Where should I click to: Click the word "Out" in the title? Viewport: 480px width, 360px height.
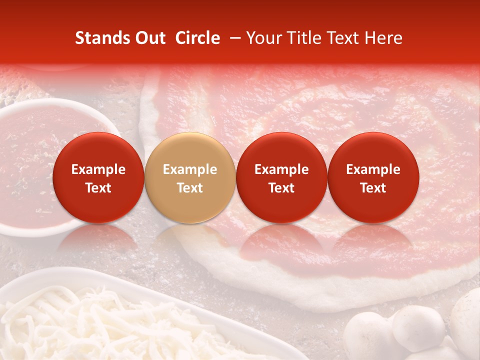click(x=150, y=38)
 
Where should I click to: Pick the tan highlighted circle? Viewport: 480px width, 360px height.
click(x=189, y=177)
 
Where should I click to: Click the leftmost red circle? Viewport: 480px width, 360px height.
click(x=98, y=177)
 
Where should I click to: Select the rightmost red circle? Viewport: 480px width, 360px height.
click(x=373, y=177)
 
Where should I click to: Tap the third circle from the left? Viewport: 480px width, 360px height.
click(x=281, y=177)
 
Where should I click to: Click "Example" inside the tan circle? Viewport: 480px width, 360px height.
click(x=190, y=169)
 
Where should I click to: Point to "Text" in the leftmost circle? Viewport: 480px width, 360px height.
click(x=98, y=188)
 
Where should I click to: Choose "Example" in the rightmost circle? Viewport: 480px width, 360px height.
click(x=373, y=169)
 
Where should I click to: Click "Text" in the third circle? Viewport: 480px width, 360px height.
click(x=281, y=188)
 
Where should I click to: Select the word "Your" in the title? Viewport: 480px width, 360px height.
click(x=262, y=38)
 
